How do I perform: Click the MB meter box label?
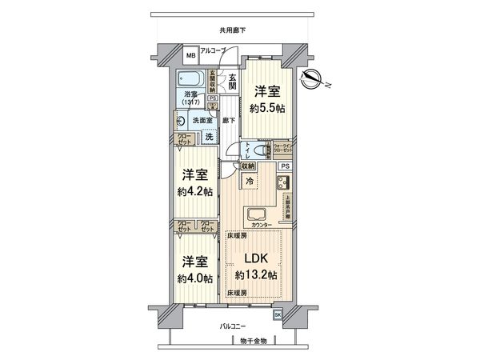tap(190, 57)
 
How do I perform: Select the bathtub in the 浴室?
tap(191, 80)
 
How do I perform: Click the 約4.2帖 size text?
tap(195, 192)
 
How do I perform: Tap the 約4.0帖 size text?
tap(195, 278)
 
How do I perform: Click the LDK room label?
tap(256, 258)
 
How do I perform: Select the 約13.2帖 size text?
tap(256, 275)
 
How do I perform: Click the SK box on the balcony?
tap(278, 315)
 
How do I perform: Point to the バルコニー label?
tap(234, 327)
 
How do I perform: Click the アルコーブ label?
tap(211, 51)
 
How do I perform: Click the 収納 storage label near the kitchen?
tap(247, 166)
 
